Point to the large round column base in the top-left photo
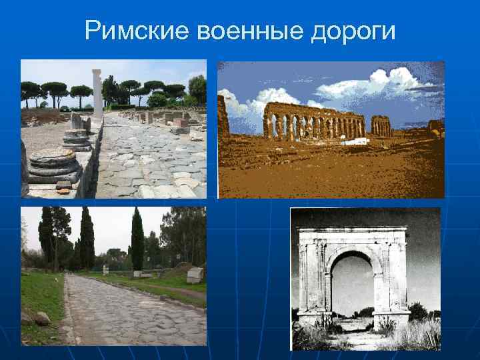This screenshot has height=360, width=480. tap(53, 163)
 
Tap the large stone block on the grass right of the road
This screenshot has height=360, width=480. tap(195, 275)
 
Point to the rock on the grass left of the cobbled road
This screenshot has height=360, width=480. tap(41, 319)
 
